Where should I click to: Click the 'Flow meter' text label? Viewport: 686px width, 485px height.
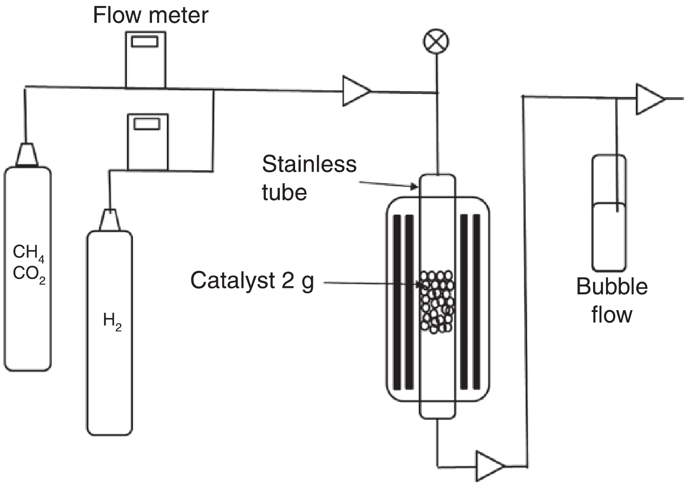(151, 15)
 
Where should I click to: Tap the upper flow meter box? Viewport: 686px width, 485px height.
(145, 65)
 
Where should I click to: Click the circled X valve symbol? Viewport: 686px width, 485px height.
(436, 42)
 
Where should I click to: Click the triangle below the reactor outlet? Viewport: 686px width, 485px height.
(489, 465)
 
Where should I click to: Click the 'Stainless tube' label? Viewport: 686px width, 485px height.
(309, 178)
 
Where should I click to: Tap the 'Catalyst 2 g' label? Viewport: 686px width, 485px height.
(252, 281)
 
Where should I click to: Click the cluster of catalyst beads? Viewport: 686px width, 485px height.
(436, 301)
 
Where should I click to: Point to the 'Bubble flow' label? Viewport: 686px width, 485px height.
(612, 300)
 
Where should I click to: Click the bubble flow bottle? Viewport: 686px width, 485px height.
(608, 233)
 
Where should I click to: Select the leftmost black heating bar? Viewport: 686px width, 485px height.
(397, 302)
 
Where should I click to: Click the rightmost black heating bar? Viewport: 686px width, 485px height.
(476, 302)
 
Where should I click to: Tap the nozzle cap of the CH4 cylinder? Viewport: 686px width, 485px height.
(27, 154)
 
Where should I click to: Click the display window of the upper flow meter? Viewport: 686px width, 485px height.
(145, 41)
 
